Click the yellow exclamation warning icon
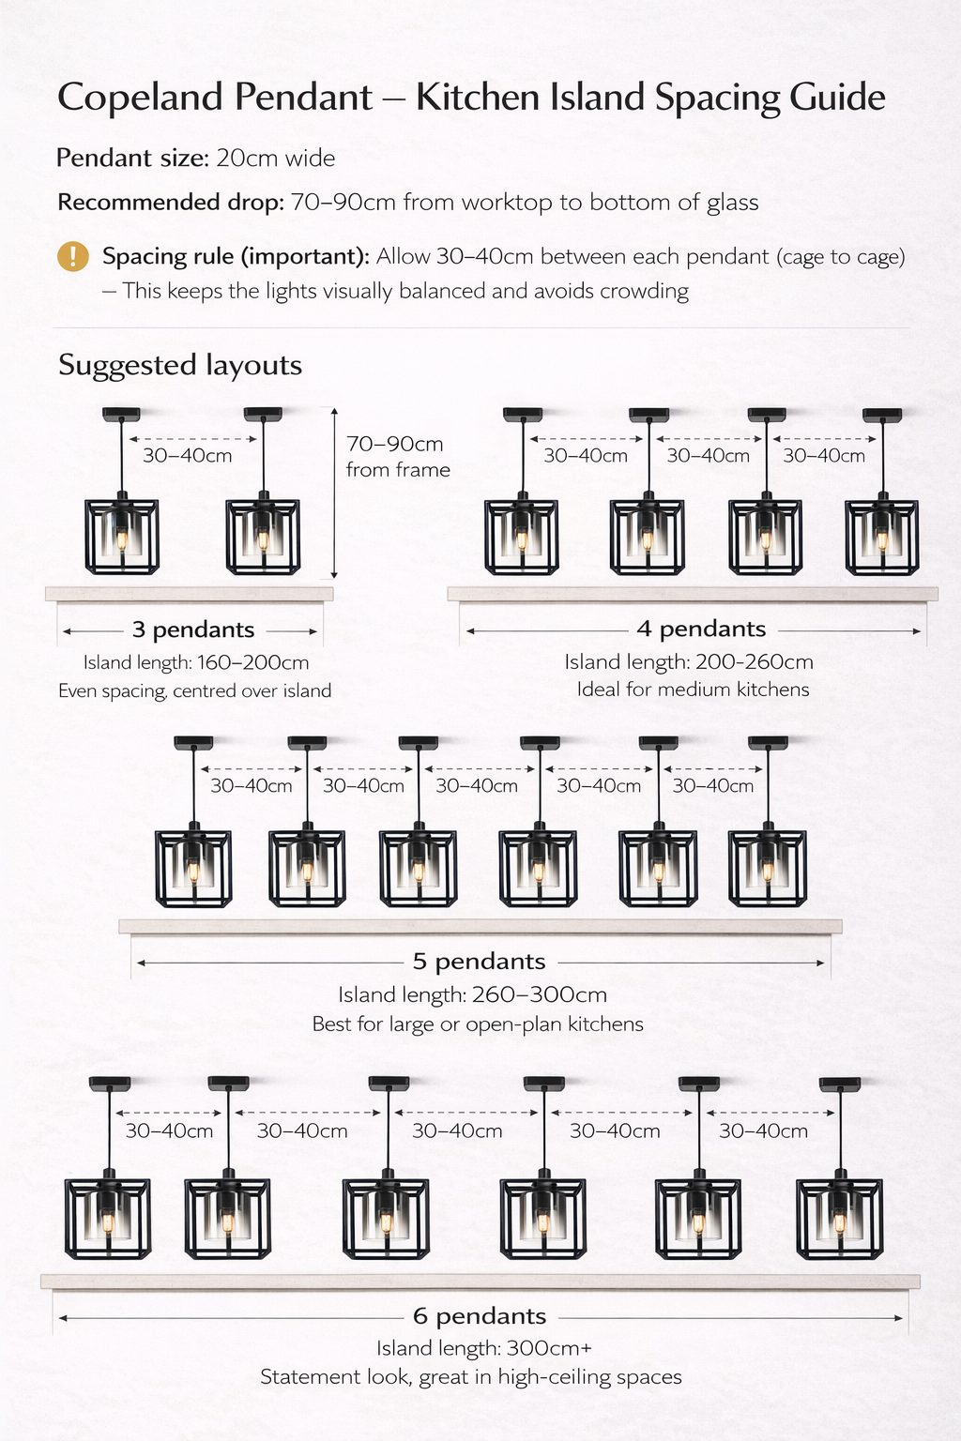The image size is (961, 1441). (x=73, y=257)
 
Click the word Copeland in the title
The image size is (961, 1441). (x=140, y=98)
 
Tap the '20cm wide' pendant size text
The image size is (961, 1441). (x=276, y=159)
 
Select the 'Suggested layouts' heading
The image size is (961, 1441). (x=179, y=366)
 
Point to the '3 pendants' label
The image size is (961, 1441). (x=193, y=629)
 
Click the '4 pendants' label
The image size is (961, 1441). (x=702, y=629)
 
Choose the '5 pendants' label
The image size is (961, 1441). (x=479, y=961)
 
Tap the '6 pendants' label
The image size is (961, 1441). (x=480, y=1316)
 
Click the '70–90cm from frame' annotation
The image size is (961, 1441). (x=398, y=457)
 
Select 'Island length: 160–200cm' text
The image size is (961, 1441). (x=196, y=662)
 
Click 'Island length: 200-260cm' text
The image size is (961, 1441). (x=689, y=662)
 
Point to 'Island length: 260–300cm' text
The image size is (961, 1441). (x=472, y=995)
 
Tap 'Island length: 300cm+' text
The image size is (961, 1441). (x=483, y=1348)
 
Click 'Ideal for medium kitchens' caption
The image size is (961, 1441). (x=693, y=690)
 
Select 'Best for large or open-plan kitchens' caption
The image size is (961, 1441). (x=478, y=1024)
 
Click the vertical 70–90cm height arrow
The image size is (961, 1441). (x=334, y=493)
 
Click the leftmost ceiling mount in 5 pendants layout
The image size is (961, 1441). (x=193, y=742)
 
